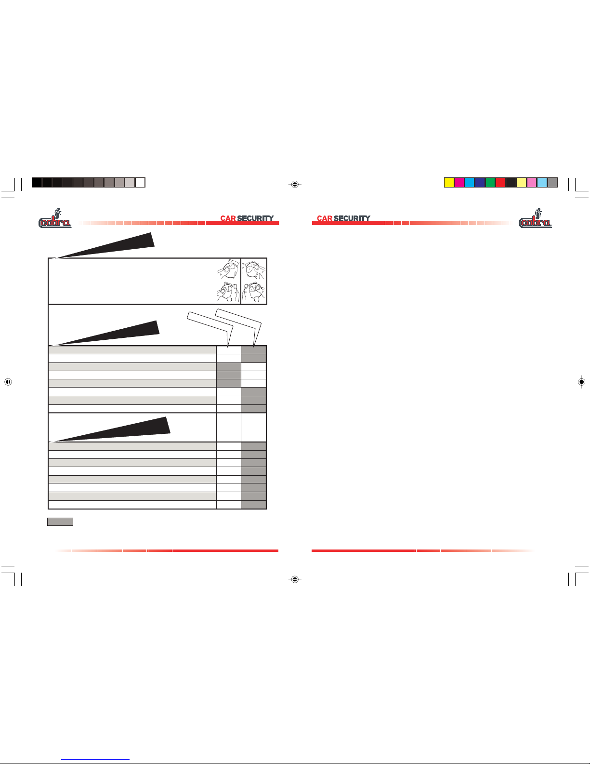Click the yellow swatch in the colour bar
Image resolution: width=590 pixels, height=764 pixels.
click(449, 183)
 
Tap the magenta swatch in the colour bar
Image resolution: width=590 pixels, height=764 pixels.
click(459, 183)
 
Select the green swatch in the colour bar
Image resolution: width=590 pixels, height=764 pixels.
click(490, 183)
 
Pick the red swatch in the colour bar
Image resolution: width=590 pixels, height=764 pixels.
click(500, 183)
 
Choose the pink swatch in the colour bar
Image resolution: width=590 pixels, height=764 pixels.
click(532, 183)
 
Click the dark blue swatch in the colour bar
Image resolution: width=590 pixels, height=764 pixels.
click(480, 183)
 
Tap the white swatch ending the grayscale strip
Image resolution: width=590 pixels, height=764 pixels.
click(140, 183)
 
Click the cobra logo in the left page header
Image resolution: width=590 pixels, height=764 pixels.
click(55, 218)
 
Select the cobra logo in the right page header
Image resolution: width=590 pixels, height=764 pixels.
click(535, 218)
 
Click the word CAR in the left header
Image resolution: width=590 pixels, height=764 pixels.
click(228, 218)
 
